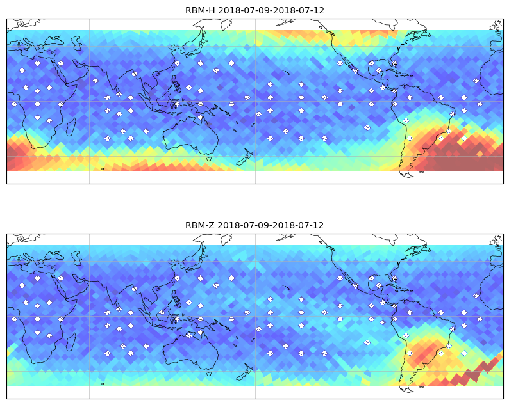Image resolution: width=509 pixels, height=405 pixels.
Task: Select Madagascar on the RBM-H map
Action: click(71, 127)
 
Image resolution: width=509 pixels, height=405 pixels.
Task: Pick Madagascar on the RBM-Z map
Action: click(71, 342)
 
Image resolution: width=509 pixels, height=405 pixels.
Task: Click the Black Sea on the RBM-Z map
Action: click(55, 254)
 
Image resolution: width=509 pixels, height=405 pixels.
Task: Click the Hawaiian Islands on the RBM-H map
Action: click(286, 72)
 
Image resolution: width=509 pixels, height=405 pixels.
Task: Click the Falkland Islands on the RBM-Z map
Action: click(421, 387)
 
